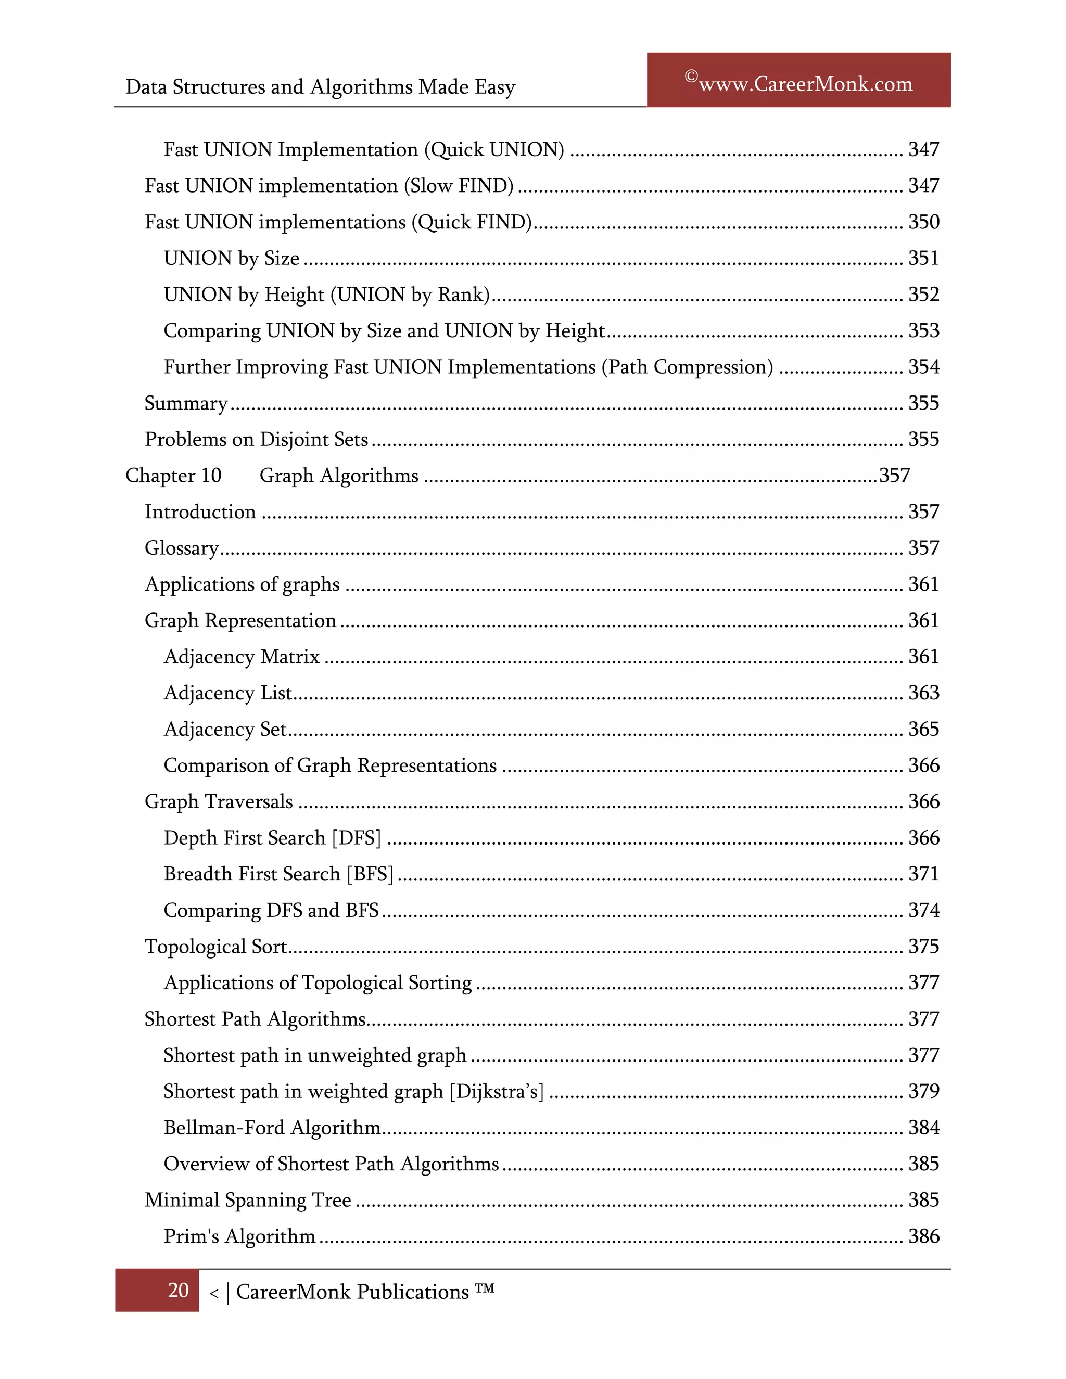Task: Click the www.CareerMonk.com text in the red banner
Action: point(805,84)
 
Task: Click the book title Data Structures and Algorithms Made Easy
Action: point(320,86)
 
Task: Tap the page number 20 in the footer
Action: point(178,1290)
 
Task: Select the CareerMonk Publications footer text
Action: point(352,1292)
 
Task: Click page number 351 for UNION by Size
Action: point(923,258)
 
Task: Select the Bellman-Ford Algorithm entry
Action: point(272,1128)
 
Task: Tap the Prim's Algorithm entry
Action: point(239,1236)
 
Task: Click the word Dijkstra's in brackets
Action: point(497,1092)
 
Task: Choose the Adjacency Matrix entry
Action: point(241,657)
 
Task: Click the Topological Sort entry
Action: point(215,947)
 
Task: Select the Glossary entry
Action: point(181,548)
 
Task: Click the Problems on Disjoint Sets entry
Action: point(256,440)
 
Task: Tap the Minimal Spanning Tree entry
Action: point(248,1201)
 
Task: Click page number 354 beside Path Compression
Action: point(923,367)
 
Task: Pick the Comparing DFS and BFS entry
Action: point(271,911)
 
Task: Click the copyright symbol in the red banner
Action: point(691,76)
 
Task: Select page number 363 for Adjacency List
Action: point(923,693)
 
